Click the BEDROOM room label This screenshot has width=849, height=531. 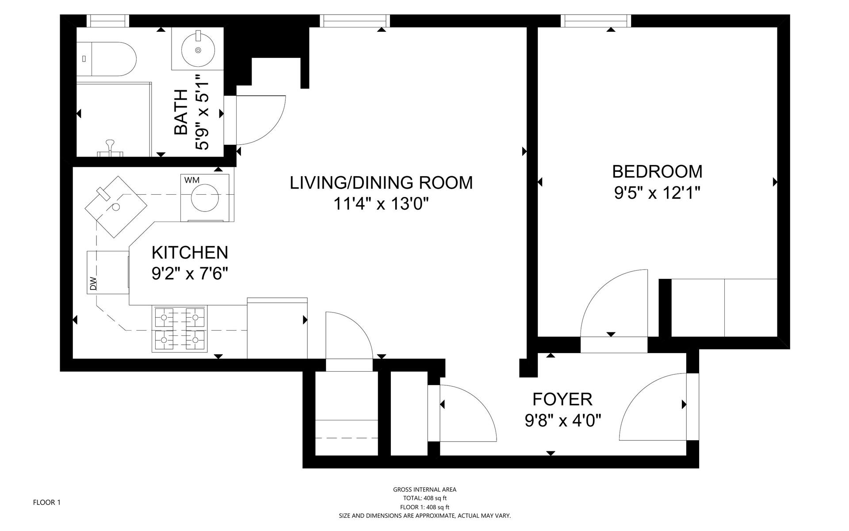(x=657, y=172)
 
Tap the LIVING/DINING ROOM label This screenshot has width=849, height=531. (x=381, y=183)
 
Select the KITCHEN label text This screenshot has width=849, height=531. (x=190, y=253)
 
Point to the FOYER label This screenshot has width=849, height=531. (x=562, y=400)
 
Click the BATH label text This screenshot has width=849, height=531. (x=181, y=112)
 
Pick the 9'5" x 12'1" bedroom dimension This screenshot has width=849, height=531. (x=657, y=193)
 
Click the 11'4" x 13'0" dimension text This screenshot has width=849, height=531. (x=381, y=204)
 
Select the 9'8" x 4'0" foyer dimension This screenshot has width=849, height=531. (x=562, y=420)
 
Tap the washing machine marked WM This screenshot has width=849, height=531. (x=205, y=198)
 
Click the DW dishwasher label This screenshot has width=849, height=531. (x=93, y=284)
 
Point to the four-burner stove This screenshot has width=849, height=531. (x=180, y=329)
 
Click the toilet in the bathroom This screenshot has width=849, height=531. (x=106, y=59)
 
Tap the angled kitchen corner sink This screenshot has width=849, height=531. (x=116, y=207)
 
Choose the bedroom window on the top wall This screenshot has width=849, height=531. (x=596, y=21)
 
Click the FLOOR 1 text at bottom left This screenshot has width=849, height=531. (x=47, y=502)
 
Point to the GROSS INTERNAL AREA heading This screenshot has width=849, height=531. (x=424, y=489)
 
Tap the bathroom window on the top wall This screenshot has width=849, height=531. (x=107, y=21)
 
